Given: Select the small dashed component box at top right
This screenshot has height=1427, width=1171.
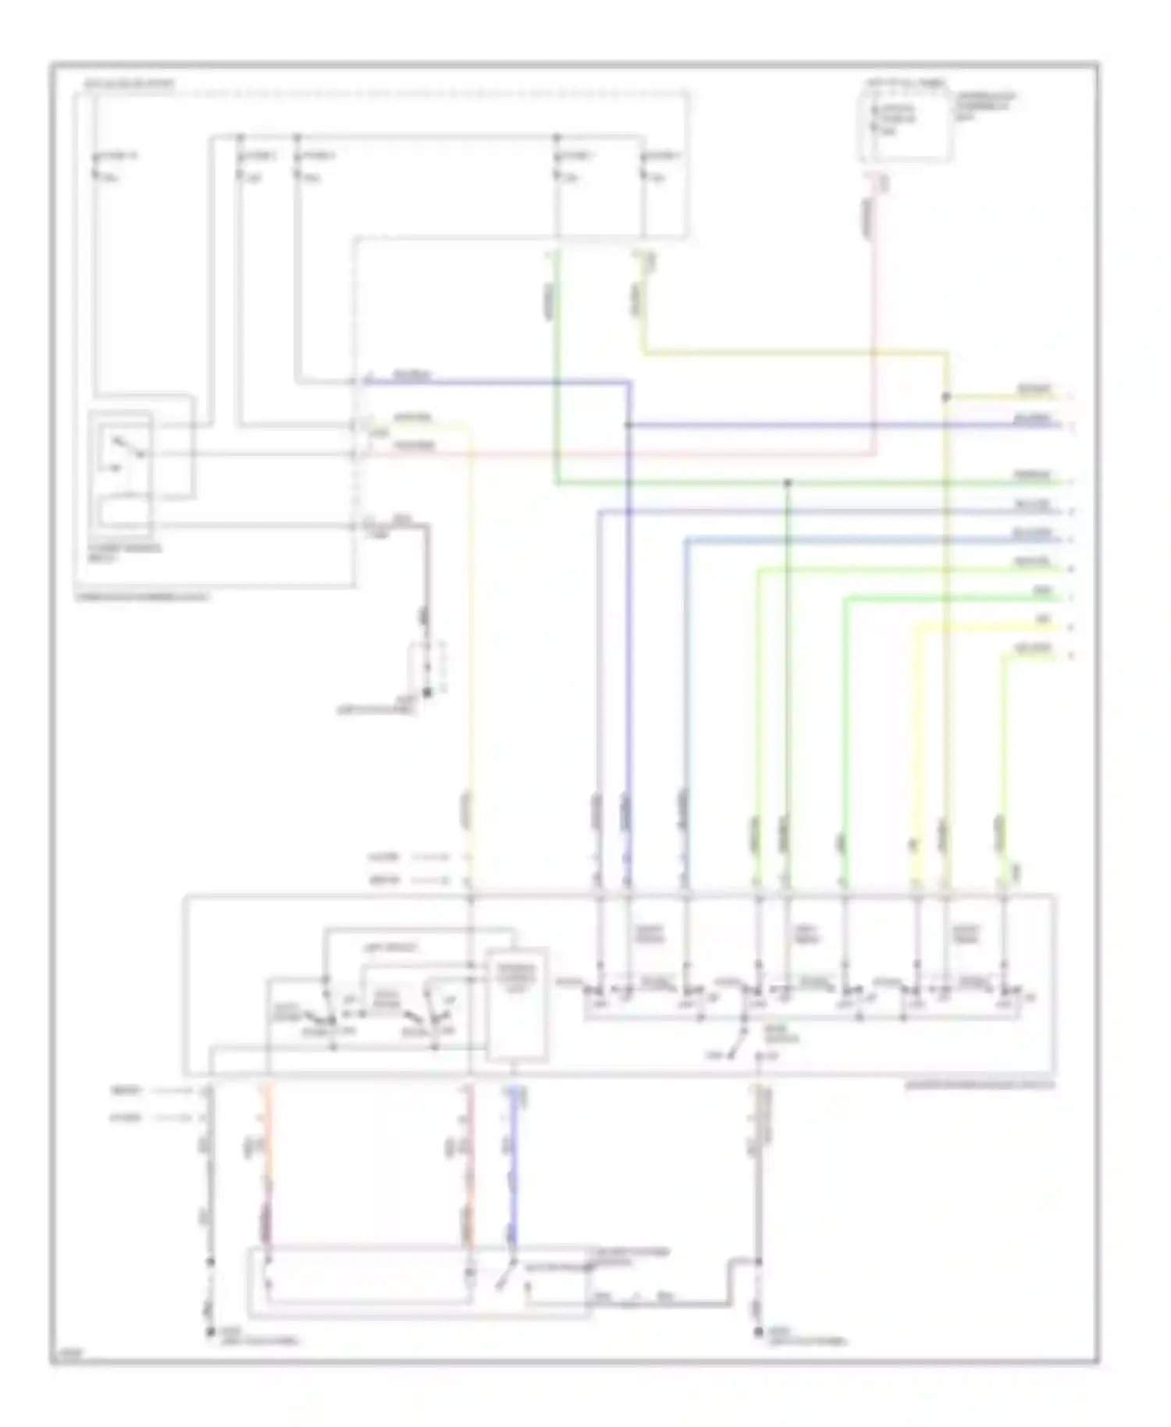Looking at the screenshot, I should [x=906, y=125].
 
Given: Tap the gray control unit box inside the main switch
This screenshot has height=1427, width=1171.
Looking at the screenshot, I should [x=516, y=1005].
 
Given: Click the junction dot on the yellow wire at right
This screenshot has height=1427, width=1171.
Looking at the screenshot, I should [x=946, y=397].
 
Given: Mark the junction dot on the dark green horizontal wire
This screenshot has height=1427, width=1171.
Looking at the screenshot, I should [x=787, y=483].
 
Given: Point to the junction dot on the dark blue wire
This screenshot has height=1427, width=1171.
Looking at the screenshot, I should [x=628, y=425].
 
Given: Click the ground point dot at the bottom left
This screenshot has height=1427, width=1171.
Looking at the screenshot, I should [x=209, y=1333].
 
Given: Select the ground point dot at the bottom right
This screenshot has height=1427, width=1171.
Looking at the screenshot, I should [x=757, y=1333].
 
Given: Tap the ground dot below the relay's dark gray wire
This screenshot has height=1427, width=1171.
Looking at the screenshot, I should [x=426, y=692].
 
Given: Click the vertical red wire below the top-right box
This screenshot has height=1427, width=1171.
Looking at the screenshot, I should [x=874, y=312].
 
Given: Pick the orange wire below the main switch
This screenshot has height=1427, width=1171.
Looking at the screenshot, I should [x=268, y=1163].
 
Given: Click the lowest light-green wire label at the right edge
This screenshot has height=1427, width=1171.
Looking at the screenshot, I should [x=1033, y=649].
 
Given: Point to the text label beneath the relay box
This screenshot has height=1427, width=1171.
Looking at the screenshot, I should [x=125, y=553].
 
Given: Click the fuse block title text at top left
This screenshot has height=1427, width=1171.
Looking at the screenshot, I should [x=129, y=83].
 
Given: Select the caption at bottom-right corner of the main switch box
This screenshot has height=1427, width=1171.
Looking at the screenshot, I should [x=980, y=1085].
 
